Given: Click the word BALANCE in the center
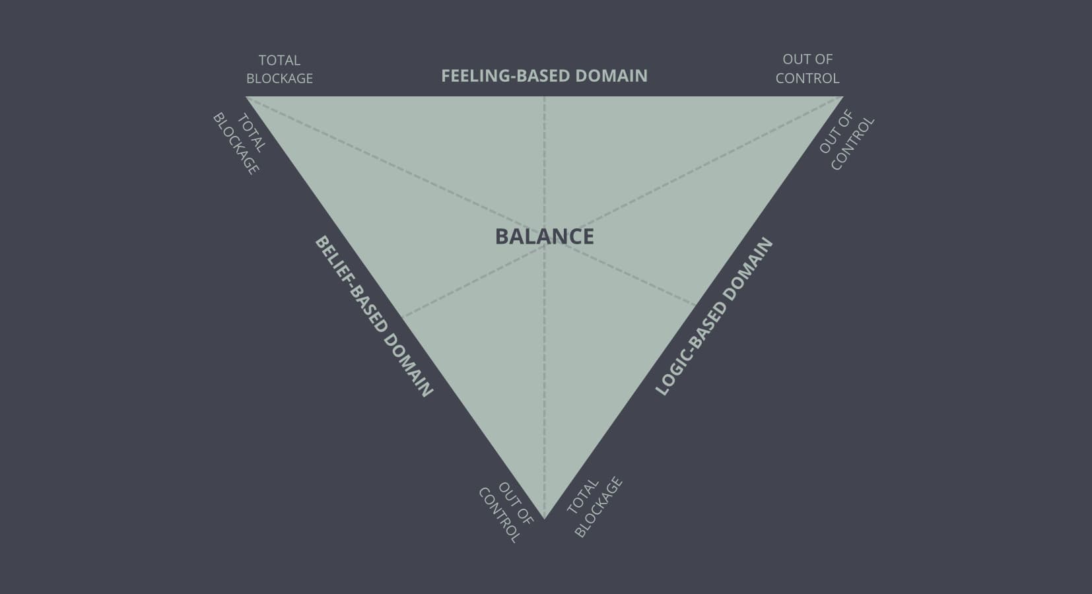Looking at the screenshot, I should tap(544, 236).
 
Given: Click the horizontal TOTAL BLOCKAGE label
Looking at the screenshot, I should tap(279, 69).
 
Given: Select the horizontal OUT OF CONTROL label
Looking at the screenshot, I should tap(807, 69).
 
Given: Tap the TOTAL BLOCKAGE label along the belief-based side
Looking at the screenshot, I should tap(238, 143).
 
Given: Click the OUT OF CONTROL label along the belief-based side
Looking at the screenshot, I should tap(505, 513).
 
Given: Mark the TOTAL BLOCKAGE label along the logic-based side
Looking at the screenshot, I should tap(594, 507).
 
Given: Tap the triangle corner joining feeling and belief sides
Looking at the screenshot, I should tap(246, 97).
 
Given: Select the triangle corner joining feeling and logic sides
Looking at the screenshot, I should tap(842, 97).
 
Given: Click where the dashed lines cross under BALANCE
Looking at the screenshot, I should tap(545, 245).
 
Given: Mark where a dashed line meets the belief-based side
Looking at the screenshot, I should tap(403, 317).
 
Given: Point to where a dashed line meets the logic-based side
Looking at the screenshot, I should tap(696, 305).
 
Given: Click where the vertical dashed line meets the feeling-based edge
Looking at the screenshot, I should tap(545, 97).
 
